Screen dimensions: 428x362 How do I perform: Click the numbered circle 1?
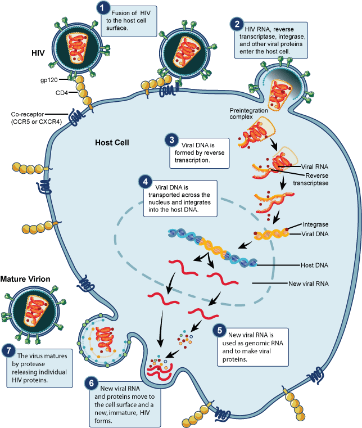(102, 8)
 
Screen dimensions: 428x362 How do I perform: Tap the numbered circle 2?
(238, 24)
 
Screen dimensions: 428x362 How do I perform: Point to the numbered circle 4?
(146, 183)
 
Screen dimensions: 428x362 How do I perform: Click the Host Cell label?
(112, 142)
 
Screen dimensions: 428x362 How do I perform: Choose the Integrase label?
(315, 224)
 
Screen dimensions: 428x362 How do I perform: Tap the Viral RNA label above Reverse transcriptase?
(316, 167)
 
